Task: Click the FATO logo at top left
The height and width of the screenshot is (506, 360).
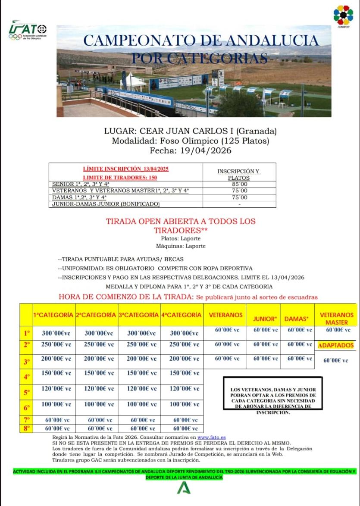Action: tap(28, 31)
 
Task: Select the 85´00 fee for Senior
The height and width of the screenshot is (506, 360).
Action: tap(239, 184)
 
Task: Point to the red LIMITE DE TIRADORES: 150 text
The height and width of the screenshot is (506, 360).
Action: tap(125, 177)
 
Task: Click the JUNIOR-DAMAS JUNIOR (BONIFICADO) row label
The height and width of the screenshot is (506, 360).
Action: tap(106, 204)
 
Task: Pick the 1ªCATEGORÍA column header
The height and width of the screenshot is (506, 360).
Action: tap(53, 315)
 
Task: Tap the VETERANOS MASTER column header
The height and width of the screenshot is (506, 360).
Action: tap(336, 319)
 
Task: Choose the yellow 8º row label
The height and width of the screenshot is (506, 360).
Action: tap(26, 429)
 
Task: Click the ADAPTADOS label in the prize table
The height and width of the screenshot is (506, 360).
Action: tap(336, 345)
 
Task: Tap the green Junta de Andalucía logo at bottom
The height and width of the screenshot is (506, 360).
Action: tap(183, 488)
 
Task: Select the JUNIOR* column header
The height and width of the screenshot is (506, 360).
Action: tap(264, 319)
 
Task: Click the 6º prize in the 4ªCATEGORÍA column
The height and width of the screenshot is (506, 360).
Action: tap(182, 404)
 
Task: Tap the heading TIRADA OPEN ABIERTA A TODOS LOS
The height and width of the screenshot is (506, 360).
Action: tap(181, 222)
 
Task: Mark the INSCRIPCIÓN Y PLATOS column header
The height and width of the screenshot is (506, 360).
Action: tap(239, 174)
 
